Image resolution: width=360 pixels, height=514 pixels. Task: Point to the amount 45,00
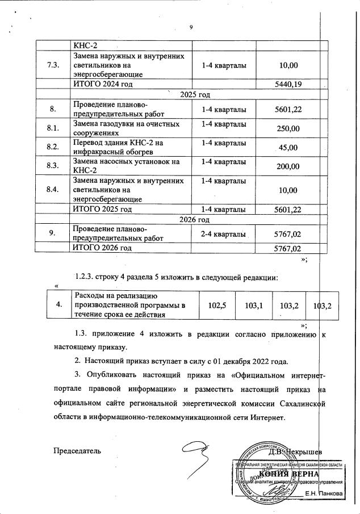click(287, 148)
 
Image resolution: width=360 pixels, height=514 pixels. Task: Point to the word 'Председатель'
click(77, 451)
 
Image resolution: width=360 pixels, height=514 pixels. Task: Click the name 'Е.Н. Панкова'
click(324, 494)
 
